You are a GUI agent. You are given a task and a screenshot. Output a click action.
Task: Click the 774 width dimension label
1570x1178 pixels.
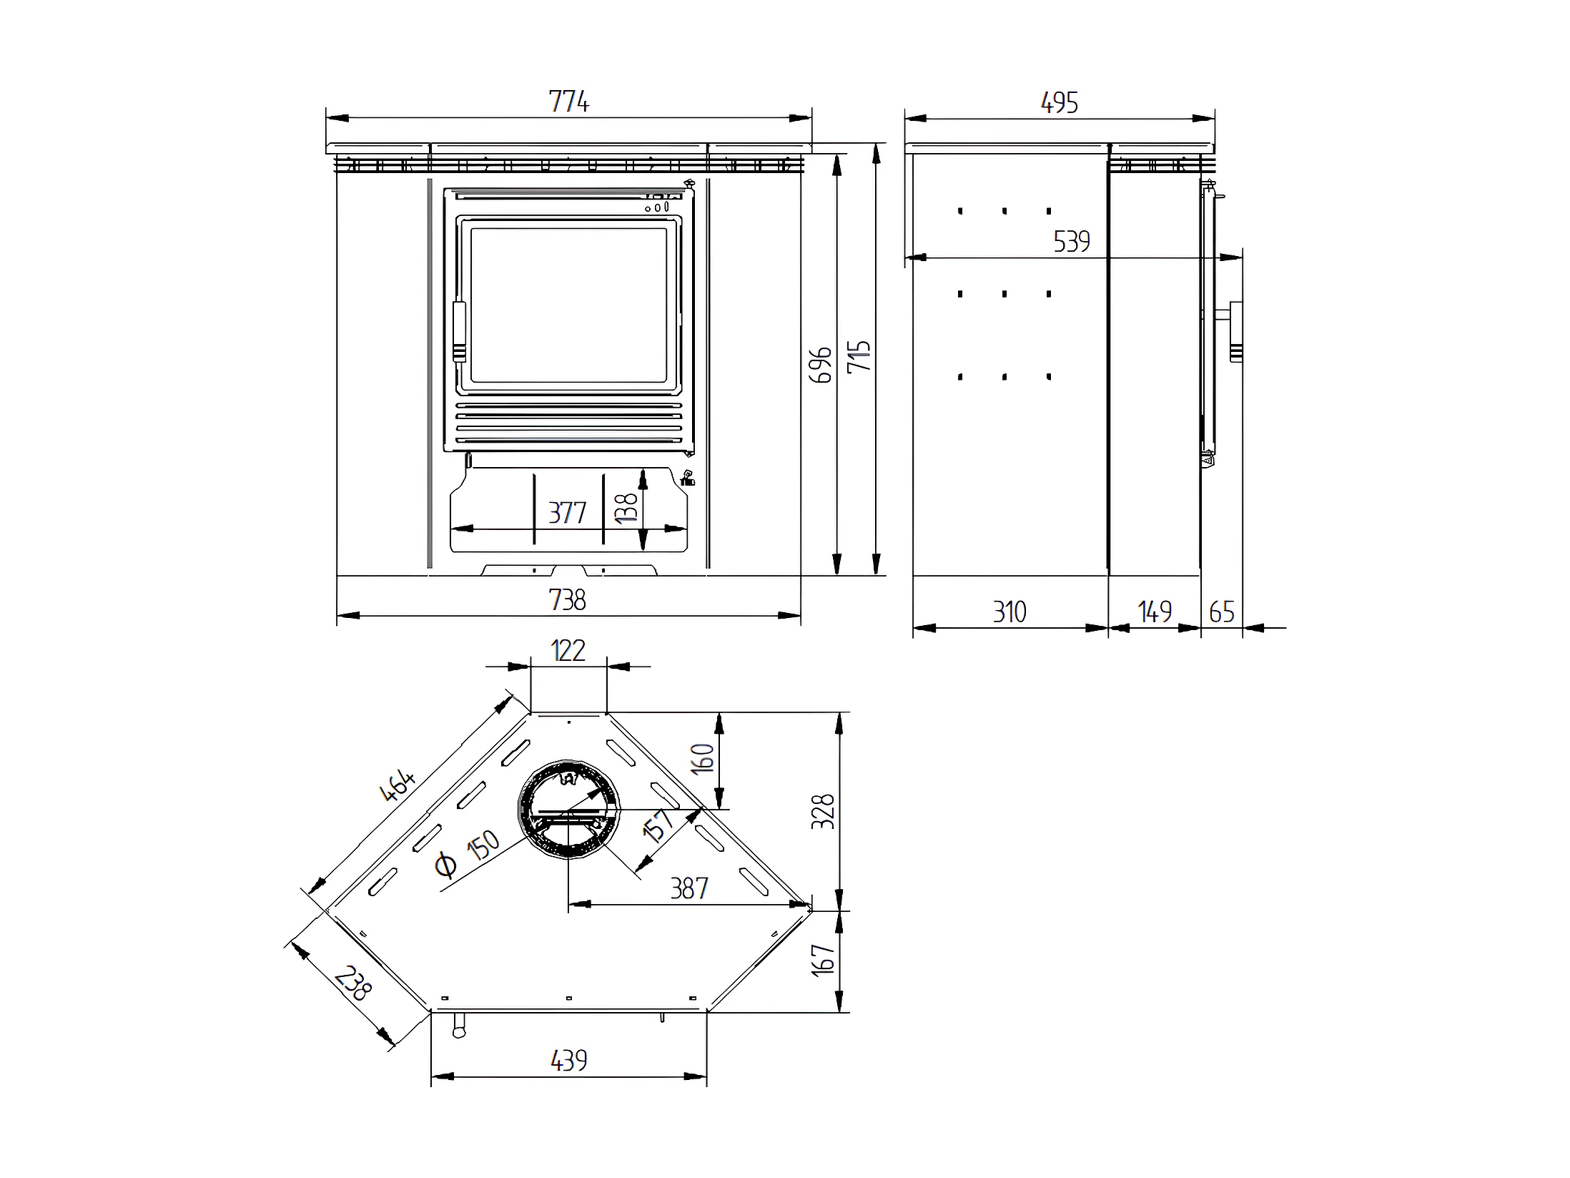(569, 102)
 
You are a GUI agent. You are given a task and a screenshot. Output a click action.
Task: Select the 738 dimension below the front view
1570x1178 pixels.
(568, 599)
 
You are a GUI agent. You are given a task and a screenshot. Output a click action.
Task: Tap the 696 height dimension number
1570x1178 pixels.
(821, 365)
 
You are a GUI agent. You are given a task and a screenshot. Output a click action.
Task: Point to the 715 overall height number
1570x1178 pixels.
(859, 356)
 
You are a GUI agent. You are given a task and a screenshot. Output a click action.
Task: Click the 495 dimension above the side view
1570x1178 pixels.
(1060, 103)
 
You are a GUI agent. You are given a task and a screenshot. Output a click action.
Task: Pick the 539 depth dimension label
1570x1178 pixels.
(1072, 242)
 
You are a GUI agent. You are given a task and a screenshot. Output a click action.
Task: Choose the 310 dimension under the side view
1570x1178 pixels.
(1009, 612)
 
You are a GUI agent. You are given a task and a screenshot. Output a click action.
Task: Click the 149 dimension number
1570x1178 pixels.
(1155, 612)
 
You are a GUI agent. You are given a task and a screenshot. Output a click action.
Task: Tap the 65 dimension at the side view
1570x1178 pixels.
(1222, 612)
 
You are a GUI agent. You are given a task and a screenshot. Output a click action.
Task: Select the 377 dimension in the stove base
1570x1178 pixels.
(567, 513)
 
